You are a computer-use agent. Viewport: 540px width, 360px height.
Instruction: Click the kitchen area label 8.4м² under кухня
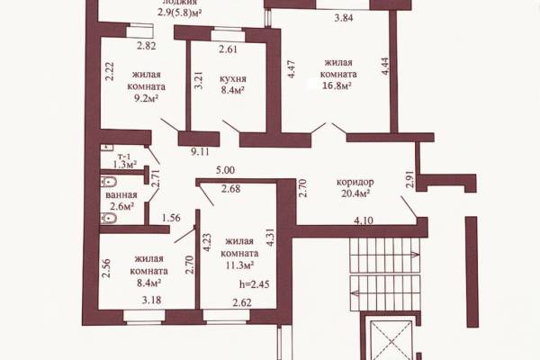point(232,90)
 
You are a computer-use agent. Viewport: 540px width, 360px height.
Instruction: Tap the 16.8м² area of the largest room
point(337,85)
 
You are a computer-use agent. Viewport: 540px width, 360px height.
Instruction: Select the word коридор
point(355,182)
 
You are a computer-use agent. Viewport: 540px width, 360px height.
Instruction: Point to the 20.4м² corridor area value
point(355,193)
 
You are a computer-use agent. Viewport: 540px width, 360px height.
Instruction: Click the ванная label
point(121,195)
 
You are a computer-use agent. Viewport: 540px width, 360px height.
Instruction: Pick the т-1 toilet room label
point(124,157)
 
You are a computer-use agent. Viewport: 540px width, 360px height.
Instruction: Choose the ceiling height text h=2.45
point(255,284)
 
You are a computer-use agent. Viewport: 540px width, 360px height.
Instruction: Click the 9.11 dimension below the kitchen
point(200,151)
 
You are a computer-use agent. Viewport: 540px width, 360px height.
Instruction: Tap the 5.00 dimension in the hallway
point(225,170)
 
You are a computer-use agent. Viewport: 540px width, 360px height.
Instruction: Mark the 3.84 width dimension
point(344,18)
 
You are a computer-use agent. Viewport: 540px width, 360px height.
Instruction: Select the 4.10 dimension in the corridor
point(364,220)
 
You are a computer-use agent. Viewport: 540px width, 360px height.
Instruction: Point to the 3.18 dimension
point(151,300)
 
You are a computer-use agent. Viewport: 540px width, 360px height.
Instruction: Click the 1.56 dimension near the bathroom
point(171,218)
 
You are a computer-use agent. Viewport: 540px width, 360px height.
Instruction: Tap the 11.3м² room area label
point(240,265)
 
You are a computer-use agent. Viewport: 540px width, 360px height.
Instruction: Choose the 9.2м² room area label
point(147,99)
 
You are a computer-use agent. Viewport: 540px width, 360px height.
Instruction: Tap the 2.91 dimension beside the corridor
point(409,178)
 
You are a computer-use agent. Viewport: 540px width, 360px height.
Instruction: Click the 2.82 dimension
point(147,46)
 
